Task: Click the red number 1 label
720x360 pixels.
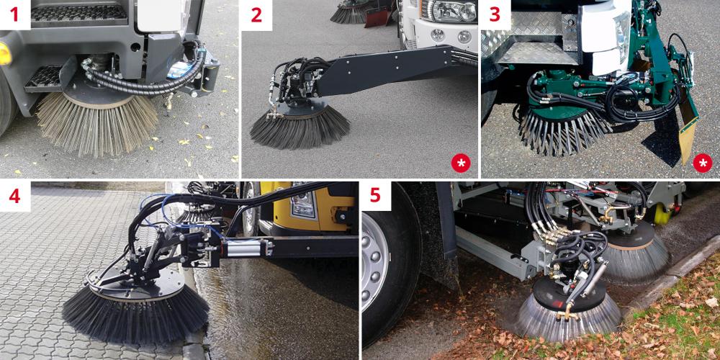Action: tap(14, 14)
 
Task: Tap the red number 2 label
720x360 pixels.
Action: tap(256, 14)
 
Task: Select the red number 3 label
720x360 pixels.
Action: tap(495, 14)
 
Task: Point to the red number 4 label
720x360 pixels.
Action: tap(14, 196)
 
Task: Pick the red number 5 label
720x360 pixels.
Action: tap(376, 196)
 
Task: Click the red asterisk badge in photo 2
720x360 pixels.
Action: tap(461, 163)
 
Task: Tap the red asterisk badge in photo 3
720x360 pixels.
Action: tap(702, 163)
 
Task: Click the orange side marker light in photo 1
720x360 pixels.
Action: tap(4, 54)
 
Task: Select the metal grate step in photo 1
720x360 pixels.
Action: tap(44, 78)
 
